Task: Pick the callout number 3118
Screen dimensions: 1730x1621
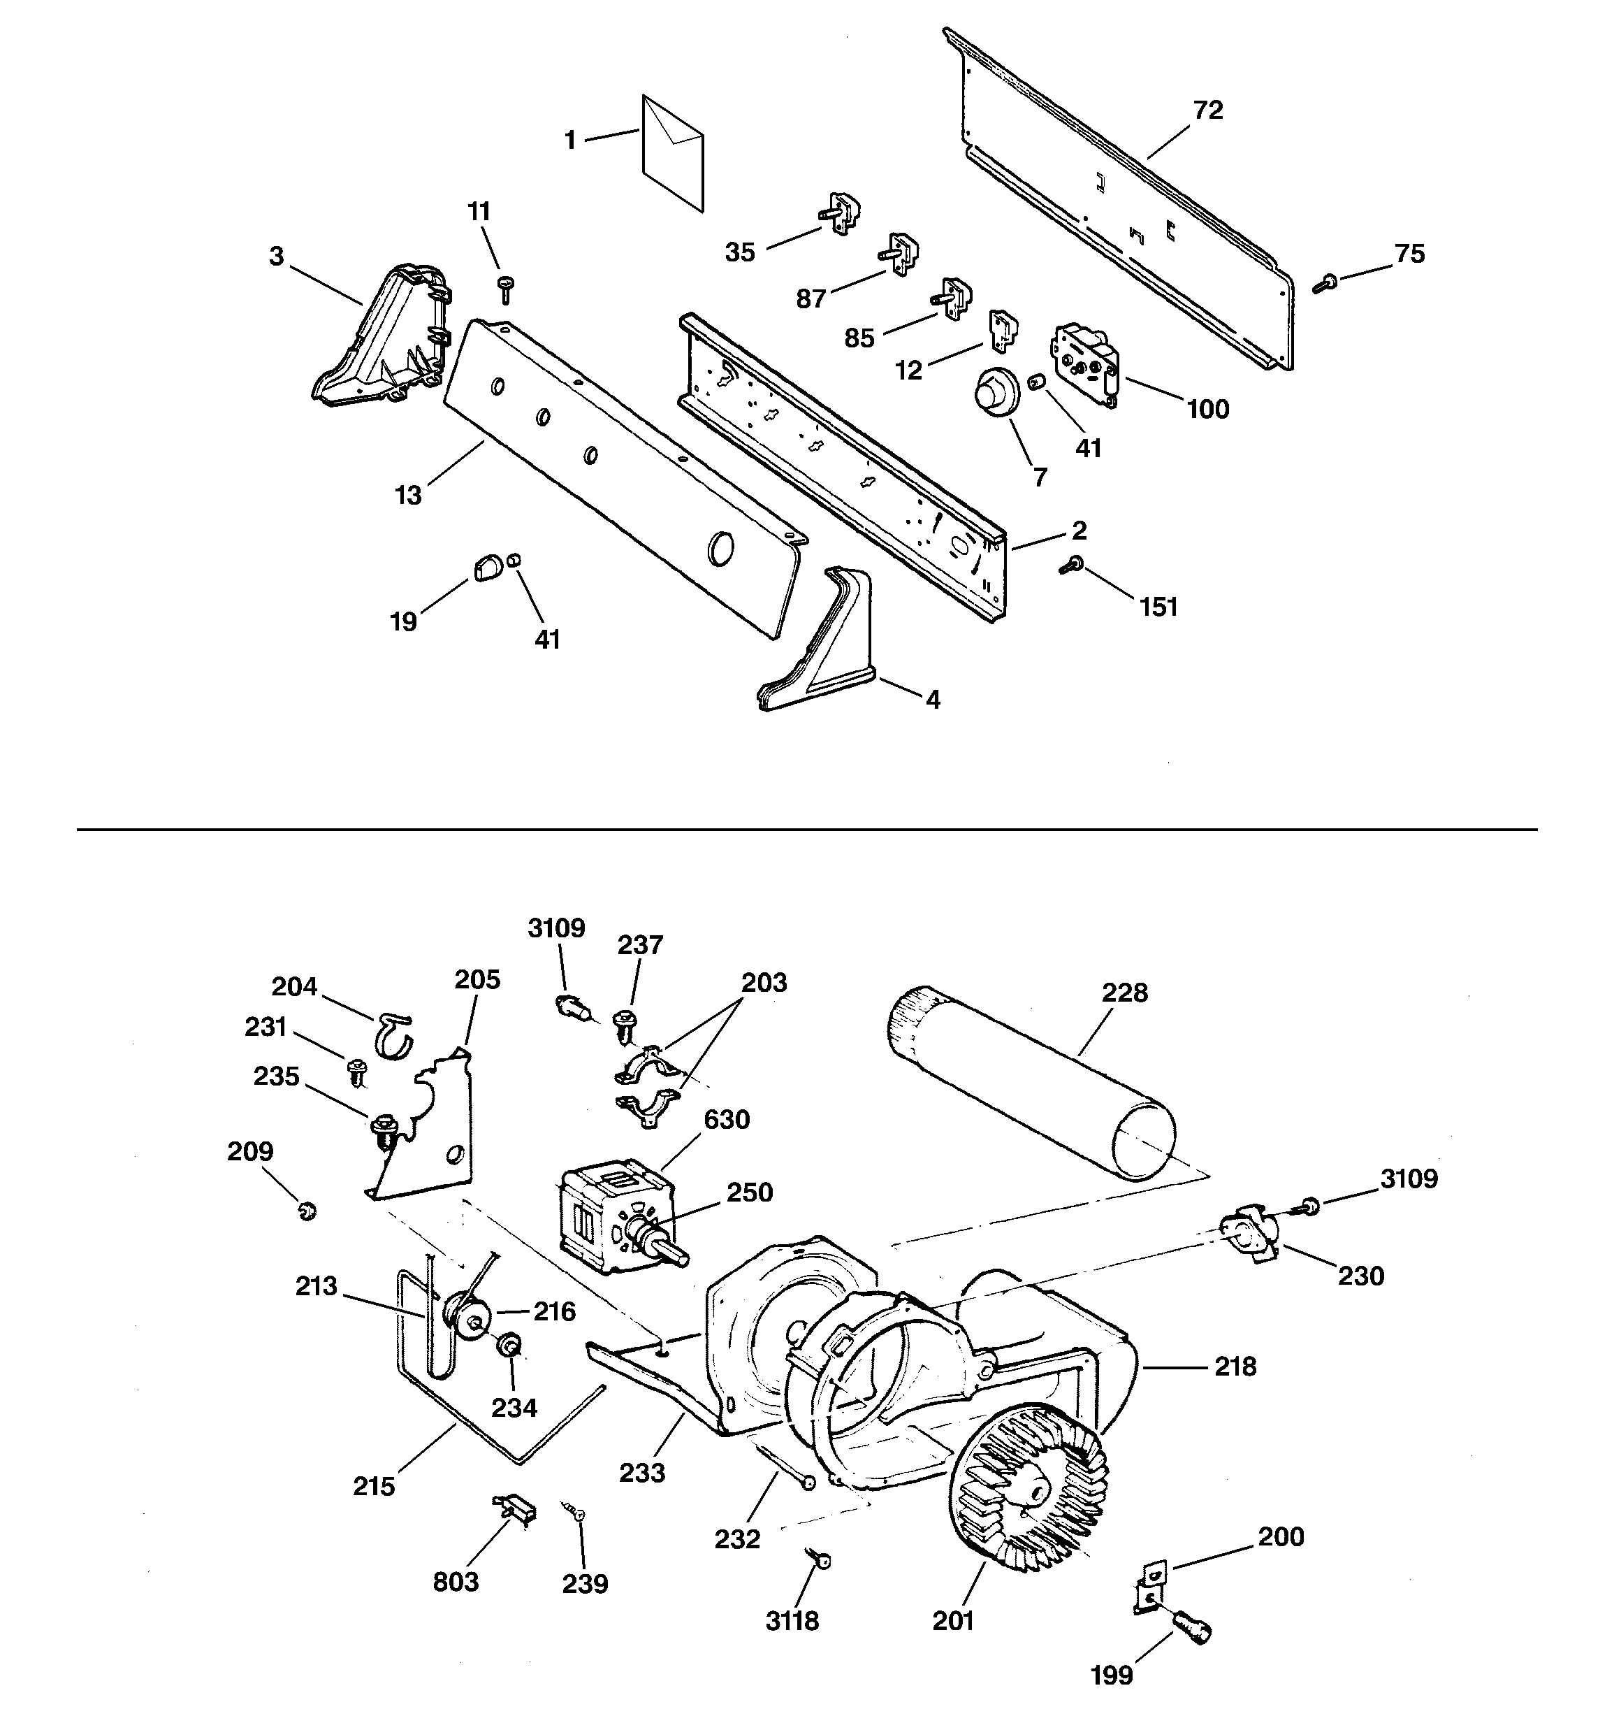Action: click(x=792, y=1621)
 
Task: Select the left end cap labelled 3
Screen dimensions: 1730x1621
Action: click(x=384, y=340)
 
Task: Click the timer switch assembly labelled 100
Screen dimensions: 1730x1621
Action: click(x=1086, y=363)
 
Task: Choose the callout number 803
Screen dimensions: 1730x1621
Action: click(x=456, y=1581)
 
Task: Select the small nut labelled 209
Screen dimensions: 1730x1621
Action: click(x=306, y=1211)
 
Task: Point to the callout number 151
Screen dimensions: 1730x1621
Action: click(x=1159, y=607)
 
